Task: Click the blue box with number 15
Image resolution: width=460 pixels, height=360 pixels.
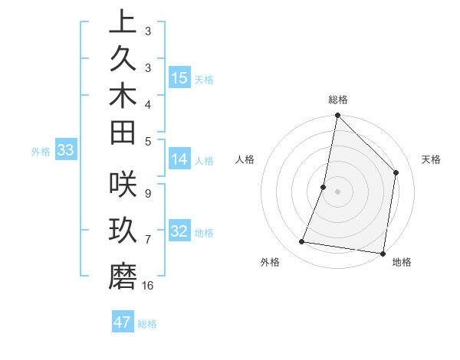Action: click(x=179, y=77)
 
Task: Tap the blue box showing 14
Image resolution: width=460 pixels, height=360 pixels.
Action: click(x=179, y=159)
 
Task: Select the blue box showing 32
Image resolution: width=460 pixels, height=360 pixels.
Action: click(x=179, y=231)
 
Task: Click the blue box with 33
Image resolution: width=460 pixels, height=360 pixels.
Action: click(x=65, y=150)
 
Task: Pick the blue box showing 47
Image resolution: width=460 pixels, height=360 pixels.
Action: click(x=123, y=322)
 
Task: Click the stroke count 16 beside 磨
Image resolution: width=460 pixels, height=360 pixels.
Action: click(x=148, y=285)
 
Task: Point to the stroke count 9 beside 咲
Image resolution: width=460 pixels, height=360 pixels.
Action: click(x=147, y=193)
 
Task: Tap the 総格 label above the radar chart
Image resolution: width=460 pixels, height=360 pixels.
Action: click(x=338, y=100)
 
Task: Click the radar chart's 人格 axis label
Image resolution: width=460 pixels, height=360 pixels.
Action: click(x=245, y=159)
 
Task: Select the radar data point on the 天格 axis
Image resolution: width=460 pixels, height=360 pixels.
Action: click(x=396, y=172)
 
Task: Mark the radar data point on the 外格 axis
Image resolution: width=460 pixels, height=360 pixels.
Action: click(x=302, y=242)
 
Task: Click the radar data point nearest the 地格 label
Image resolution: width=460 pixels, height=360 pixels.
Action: click(x=382, y=253)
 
